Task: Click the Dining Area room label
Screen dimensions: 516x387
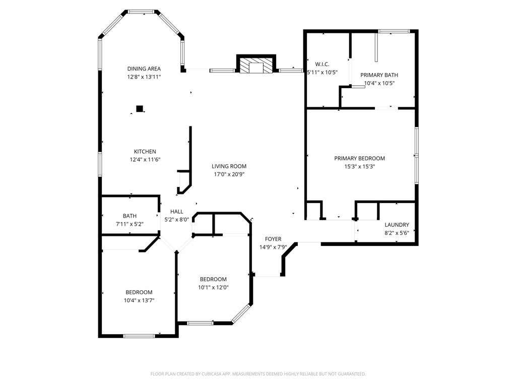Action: coord(144,69)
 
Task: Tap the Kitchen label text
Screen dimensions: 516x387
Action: coord(145,152)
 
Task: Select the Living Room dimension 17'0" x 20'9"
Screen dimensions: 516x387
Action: coord(229,174)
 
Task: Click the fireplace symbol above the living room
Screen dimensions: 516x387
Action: coord(256,64)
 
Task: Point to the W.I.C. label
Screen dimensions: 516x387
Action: coord(322,64)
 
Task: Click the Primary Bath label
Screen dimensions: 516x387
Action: coord(379,75)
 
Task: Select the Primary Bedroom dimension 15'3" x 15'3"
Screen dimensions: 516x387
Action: coord(360,166)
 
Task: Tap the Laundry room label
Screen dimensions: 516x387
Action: coord(397,225)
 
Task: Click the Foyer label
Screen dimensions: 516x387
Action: coord(273,239)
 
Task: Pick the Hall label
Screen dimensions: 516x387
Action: coord(177,212)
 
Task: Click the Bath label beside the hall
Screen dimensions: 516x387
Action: coord(130,216)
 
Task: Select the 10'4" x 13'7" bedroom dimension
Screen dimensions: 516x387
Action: coord(139,300)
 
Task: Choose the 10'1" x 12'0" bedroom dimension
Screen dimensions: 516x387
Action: coord(213,287)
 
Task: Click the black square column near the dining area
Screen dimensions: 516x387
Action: coord(140,109)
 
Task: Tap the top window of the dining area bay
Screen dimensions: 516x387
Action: coord(141,12)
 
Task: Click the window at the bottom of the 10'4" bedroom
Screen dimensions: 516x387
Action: coord(139,336)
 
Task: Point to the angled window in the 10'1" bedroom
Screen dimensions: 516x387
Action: coord(241,313)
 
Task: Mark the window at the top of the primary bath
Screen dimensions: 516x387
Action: coord(394,31)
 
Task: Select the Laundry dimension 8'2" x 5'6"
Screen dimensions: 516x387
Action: coord(397,233)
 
